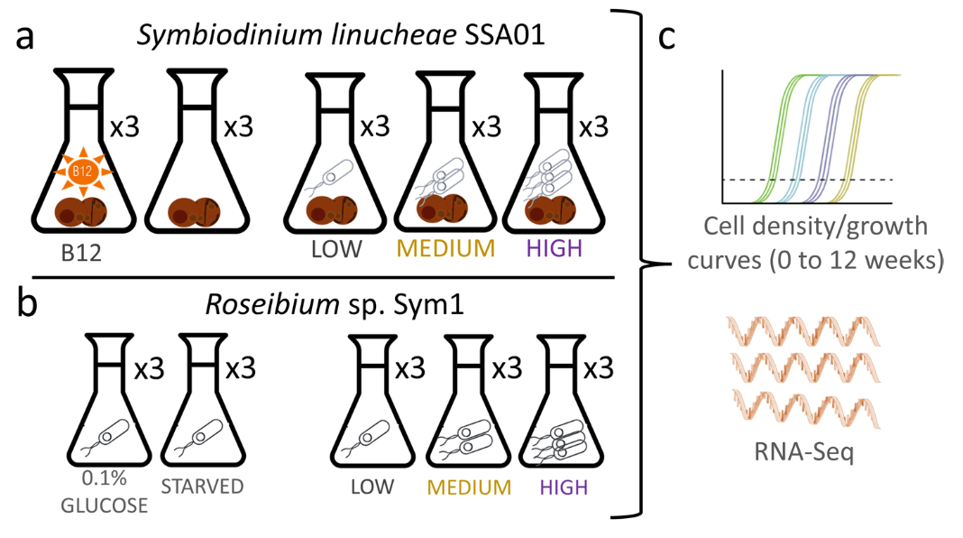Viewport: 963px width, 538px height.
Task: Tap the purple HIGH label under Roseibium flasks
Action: pos(564,488)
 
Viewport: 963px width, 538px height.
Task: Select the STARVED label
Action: pos(202,487)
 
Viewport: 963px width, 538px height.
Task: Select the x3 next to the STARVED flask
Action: pos(240,367)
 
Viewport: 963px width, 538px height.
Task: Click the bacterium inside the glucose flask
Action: pos(109,438)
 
